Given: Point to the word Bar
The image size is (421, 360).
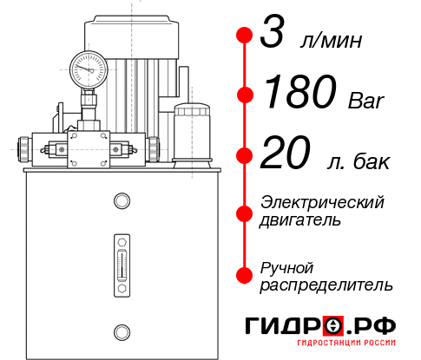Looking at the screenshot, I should pos(365,99).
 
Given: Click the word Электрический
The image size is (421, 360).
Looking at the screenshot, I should pos(322,202).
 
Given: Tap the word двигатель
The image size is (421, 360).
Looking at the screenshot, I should pos(301,220).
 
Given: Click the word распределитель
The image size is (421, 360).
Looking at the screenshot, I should pos(326,284).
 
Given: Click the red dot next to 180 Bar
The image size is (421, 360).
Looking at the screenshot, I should pos(246,94).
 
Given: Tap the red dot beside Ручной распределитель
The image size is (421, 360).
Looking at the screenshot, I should pos(246,274).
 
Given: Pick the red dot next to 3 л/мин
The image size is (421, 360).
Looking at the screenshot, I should pos(246,36).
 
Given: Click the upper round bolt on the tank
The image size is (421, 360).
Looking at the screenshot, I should pos(121,202).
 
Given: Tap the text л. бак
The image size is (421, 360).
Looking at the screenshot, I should pos(359,161).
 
